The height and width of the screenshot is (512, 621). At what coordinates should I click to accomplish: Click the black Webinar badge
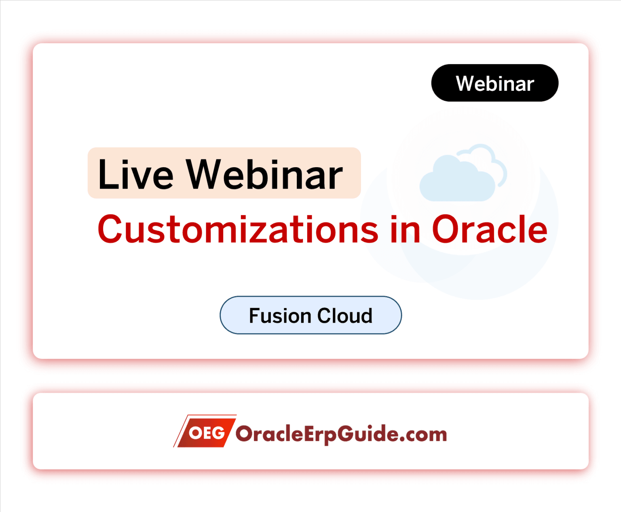(494, 83)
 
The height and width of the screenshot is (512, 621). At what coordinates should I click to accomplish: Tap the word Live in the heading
(135, 174)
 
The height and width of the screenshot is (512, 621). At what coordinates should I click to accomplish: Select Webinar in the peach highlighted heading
(264, 174)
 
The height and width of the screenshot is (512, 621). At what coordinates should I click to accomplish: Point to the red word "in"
(405, 229)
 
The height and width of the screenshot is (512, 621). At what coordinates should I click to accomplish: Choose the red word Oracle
(490, 229)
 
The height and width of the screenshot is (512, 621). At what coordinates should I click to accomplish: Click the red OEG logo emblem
(205, 431)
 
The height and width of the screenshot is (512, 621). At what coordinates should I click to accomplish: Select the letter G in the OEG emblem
(218, 433)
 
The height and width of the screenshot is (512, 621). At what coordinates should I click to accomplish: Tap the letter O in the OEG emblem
(195, 433)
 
